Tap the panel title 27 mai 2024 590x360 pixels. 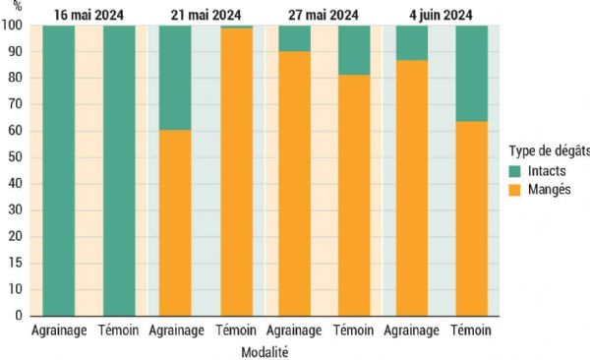click(x=324, y=14)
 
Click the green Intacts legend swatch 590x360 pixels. click(x=516, y=171)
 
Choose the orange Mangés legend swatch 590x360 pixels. click(x=516, y=189)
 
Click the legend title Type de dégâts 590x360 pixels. click(x=549, y=150)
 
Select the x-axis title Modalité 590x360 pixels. click(x=265, y=350)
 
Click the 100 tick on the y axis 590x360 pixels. click(x=15, y=26)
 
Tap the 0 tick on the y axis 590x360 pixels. click(x=21, y=317)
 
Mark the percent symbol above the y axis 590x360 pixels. click(x=14, y=8)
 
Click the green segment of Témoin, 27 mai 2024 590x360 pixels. click(x=355, y=50)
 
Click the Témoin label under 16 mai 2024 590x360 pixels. click(x=119, y=330)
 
